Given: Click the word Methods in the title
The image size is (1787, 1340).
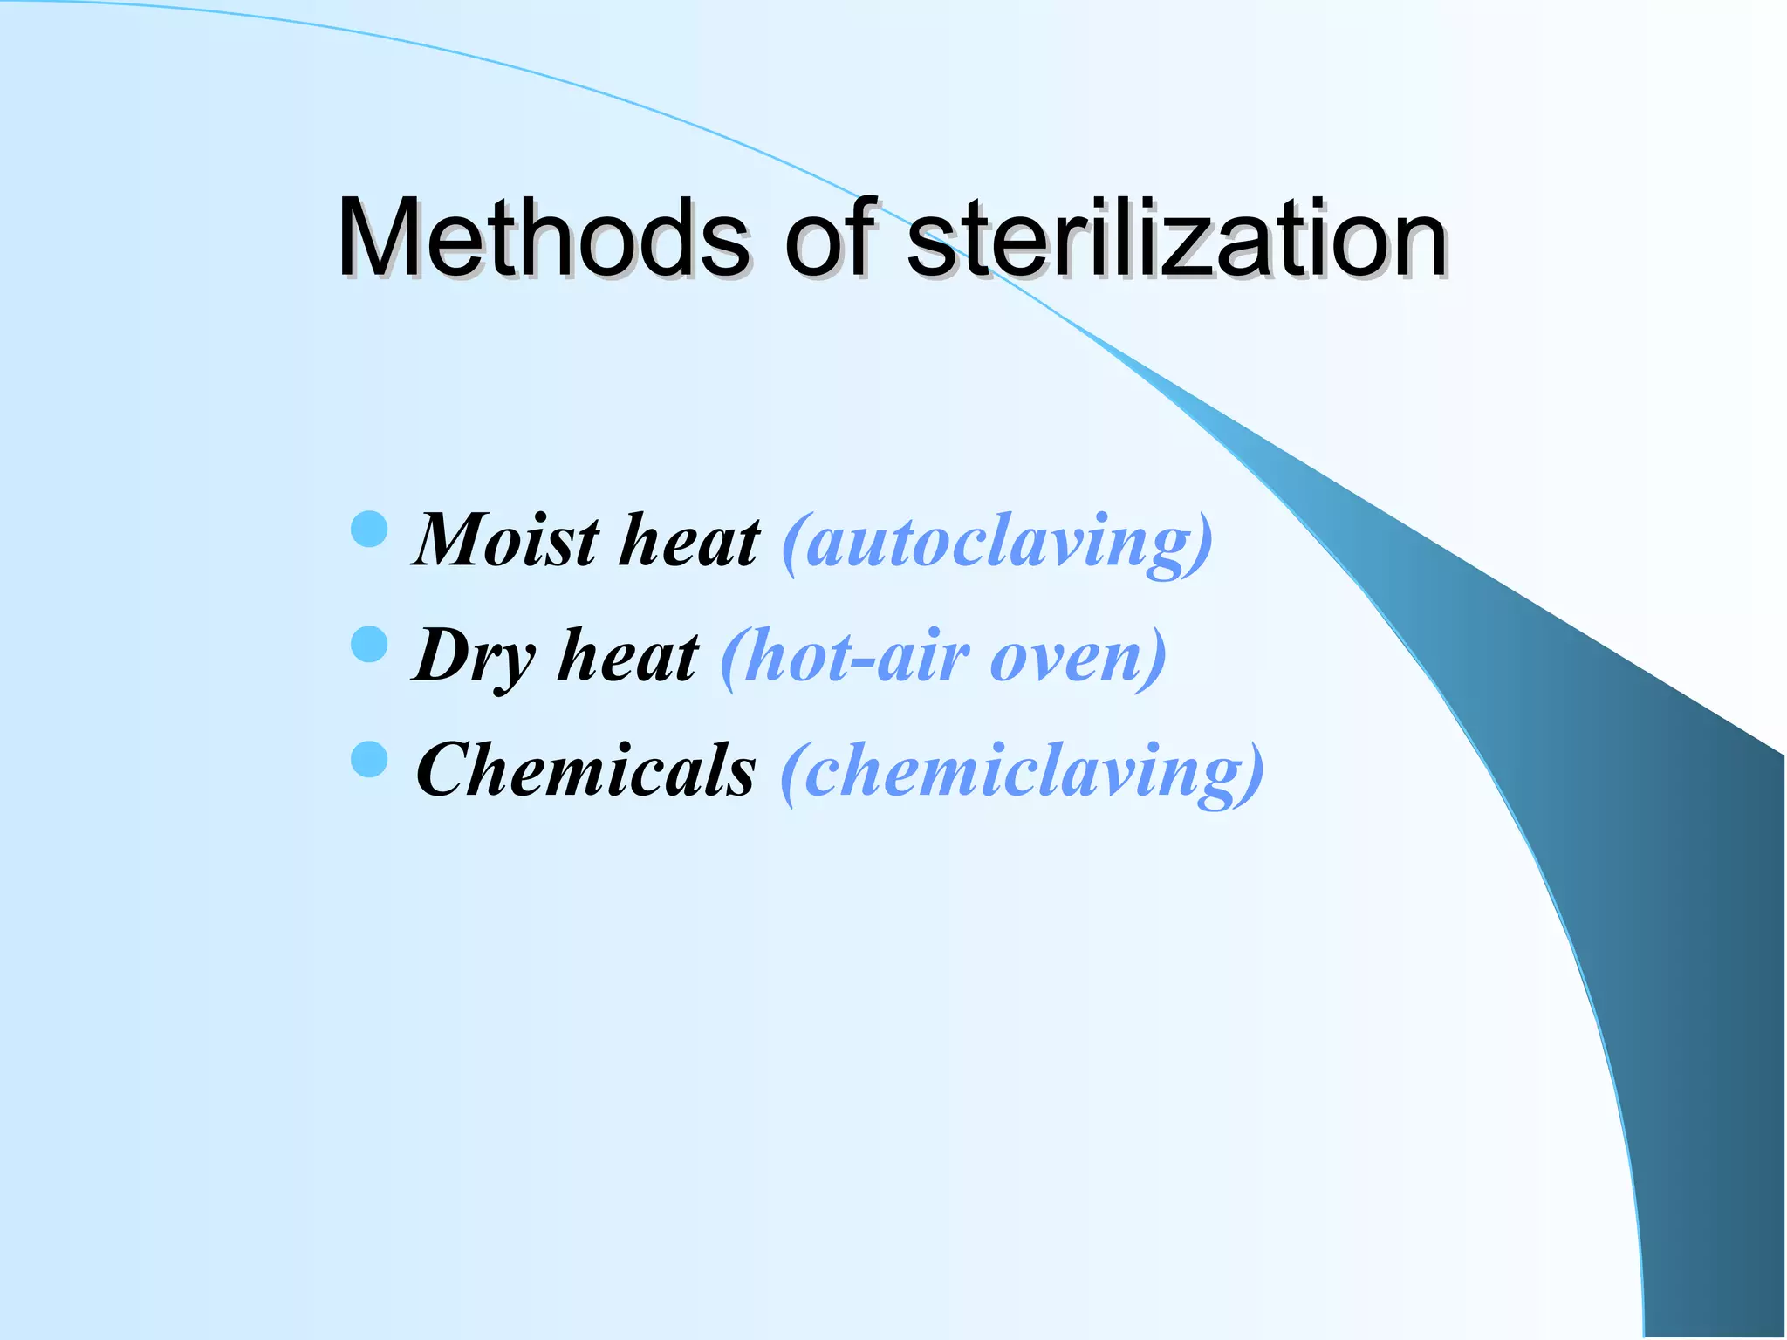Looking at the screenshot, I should [x=542, y=237].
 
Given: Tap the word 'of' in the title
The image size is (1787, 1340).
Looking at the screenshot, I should [x=829, y=237].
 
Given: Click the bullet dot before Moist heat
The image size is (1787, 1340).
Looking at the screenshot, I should [x=369, y=530].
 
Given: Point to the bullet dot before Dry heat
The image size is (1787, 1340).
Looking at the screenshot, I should [x=369, y=645].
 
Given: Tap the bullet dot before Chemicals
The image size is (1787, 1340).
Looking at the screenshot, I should [x=369, y=759].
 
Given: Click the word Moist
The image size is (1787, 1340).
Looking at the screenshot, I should [x=506, y=541].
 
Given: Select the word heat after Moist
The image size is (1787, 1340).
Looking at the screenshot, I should [x=689, y=541].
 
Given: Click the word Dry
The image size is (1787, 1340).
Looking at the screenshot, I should [x=474, y=656].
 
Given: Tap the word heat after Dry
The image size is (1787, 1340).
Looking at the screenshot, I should [x=628, y=656].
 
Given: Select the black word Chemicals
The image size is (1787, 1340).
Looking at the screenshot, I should [x=585, y=770].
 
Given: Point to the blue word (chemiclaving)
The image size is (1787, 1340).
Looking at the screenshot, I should [x=1022, y=772].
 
